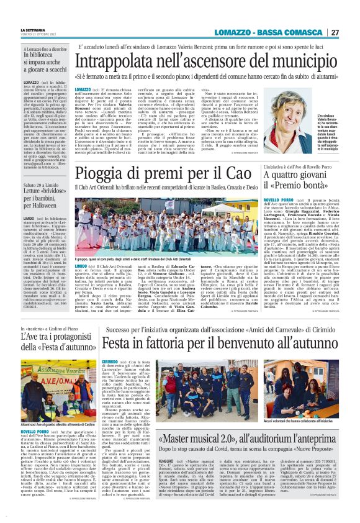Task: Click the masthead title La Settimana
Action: point(32,29)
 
